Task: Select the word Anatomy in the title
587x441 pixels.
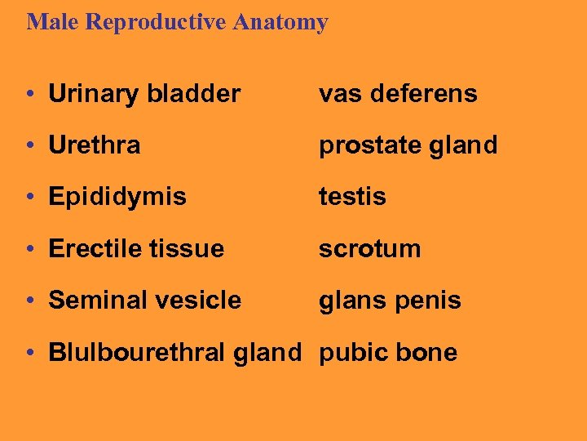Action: tap(280, 22)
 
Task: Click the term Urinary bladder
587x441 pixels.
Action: tap(144, 94)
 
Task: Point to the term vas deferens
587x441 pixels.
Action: tap(398, 94)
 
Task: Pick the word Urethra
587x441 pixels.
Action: tap(95, 145)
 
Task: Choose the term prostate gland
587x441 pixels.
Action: tap(408, 146)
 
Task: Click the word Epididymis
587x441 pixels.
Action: tap(117, 198)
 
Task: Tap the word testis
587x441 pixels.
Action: tap(352, 197)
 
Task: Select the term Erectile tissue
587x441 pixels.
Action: tap(136, 249)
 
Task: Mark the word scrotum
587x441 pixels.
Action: tap(369, 249)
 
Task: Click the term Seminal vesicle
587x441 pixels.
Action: tap(145, 301)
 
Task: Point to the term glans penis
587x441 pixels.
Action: tap(390, 301)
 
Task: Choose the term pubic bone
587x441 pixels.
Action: tap(388, 353)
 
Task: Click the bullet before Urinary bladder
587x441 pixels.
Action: tap(30, 95)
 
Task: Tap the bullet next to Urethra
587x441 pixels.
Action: tap(30, 146)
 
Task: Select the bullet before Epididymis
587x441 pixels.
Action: tap(30, 198)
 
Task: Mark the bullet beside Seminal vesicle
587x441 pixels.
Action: tap(30, 301)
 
